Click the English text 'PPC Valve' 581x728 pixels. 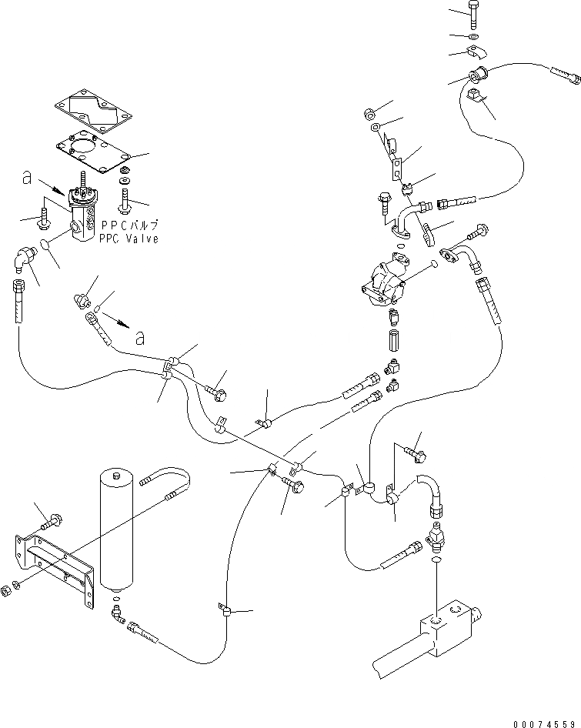coord(129,239)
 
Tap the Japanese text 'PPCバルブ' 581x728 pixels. coord(129,226)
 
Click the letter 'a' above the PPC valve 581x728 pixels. coord(28,179)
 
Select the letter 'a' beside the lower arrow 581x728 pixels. coord(139,337)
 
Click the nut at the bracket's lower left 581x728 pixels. coord(7,589)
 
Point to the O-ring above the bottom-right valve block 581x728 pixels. coord(437,562)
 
